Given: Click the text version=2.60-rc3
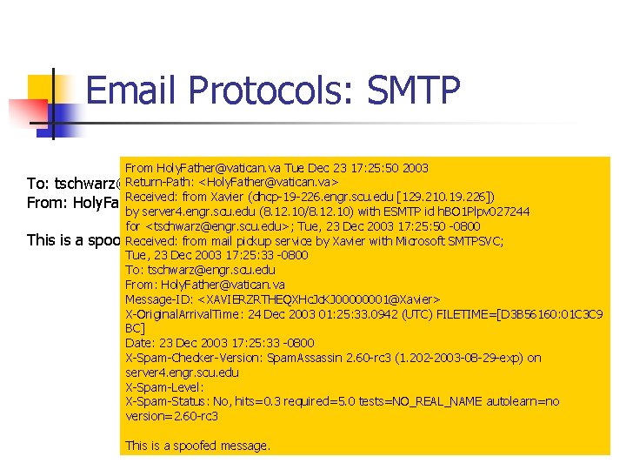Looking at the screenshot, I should [x=171, y=416].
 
